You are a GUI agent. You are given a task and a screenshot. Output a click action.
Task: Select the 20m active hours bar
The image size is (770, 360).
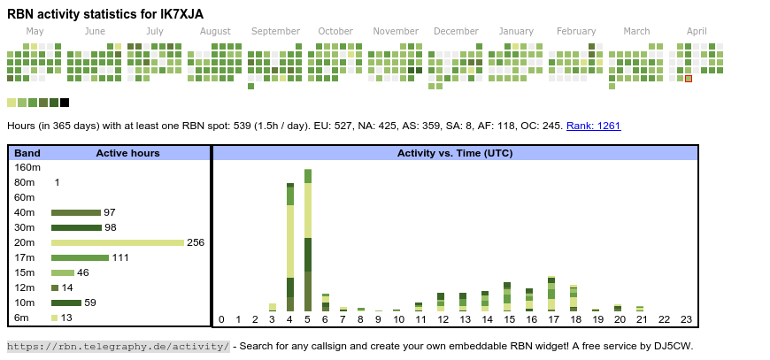(x=117, y=242)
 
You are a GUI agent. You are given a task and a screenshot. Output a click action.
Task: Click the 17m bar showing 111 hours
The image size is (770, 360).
(x=80, y=257)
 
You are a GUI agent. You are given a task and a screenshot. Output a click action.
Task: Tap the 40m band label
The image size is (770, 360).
(x=25, y=212)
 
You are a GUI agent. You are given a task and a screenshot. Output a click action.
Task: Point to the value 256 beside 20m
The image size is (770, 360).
(x=196, y=242)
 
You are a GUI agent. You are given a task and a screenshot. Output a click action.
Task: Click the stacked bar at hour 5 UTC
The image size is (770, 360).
(x=308, y=240)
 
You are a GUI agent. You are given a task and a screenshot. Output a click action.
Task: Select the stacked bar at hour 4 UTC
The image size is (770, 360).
(x=290, y=247)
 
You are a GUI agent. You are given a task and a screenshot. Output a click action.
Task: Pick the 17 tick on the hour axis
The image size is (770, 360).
(x=553, y=319)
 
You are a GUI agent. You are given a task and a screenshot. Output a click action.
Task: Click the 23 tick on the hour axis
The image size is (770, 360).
(x=686, y=319)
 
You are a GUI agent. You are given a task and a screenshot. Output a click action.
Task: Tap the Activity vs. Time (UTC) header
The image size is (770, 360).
(x=455, y=153)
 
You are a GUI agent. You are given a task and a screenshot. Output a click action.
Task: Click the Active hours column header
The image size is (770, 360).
(x=127, y=153)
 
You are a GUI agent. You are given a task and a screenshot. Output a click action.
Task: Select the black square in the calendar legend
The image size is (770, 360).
(x=65, y=103)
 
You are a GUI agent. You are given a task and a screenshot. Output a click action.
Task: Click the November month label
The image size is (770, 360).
(x=396, y=31)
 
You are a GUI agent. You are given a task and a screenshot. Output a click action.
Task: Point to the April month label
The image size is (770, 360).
(x=697, y=31)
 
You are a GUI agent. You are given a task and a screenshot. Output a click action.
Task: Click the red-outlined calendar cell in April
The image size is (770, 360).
(x=689, y=79)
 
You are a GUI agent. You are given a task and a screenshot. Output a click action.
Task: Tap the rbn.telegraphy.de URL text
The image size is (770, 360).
(x=119, y=346)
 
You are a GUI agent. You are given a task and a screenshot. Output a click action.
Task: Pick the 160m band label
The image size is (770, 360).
(x=27, y=167)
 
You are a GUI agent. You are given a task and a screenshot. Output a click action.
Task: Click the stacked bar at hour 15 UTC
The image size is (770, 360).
(x=507, y=296)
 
